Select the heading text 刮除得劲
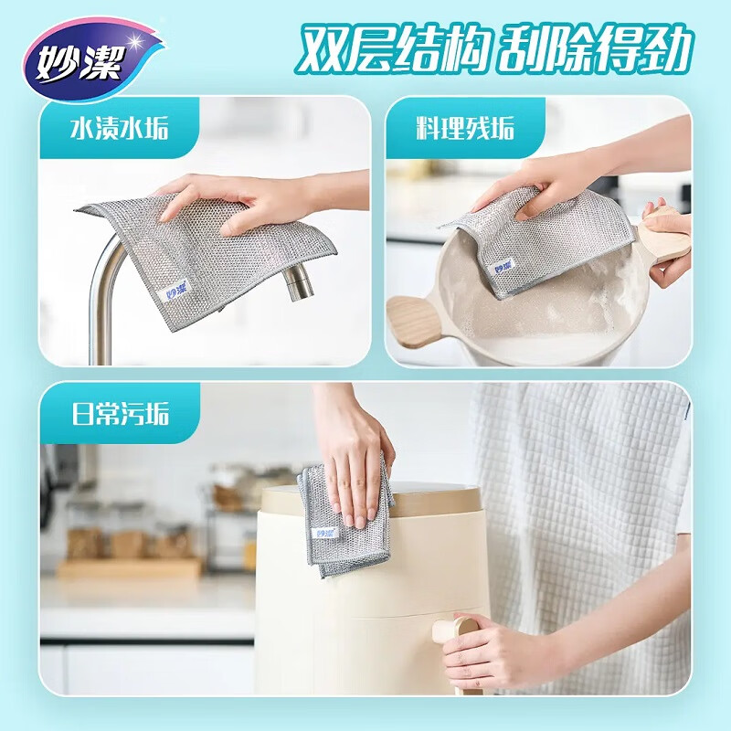click(591, 51)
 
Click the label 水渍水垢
click(119, 128)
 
